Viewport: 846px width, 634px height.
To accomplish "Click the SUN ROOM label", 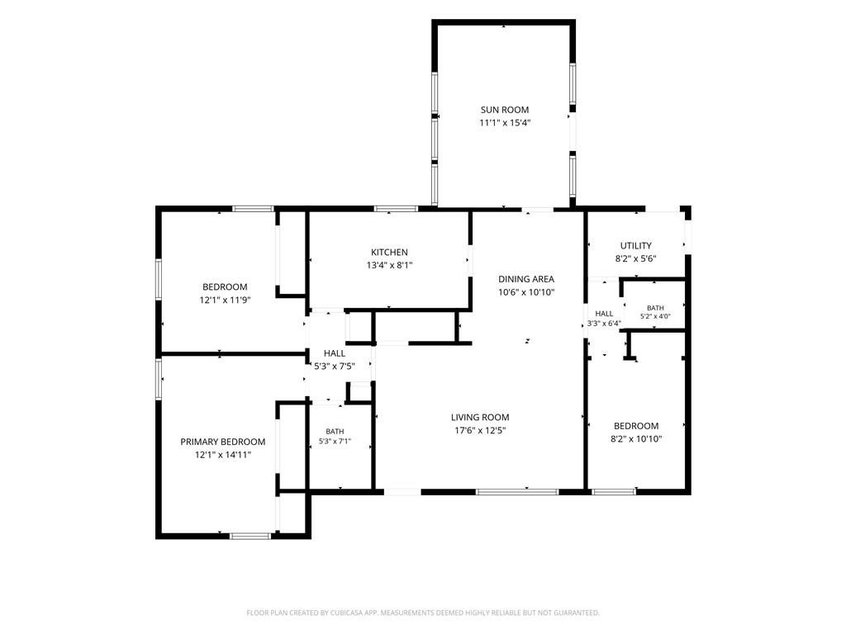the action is tap(505, 110).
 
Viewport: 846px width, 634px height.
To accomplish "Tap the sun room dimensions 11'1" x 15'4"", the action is tap(505, 123).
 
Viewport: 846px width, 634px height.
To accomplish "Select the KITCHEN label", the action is tap(390, 253).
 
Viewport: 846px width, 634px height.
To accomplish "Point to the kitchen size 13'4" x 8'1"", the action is tap(390, 265).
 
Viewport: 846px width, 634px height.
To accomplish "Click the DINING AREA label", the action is tap(526, 279).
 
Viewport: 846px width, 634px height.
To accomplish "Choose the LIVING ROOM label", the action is tap(480, 417).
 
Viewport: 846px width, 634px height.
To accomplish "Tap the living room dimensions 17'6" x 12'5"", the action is tap(480, 430).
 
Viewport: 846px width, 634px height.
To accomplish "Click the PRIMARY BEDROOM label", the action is tap(223, 442).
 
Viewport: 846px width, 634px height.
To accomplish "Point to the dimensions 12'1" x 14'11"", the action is tap(223, 455).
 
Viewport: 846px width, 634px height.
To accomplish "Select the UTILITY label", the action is tap(636, 246).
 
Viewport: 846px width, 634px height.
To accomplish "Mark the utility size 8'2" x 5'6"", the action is tap(636, 258).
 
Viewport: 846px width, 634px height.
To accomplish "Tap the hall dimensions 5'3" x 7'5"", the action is tap(335, 367).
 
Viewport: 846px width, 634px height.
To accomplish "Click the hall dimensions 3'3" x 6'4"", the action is tap(604, 324).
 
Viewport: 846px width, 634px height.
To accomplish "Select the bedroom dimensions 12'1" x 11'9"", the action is tap(226, 300).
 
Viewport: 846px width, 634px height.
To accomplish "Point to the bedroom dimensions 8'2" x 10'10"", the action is tap(636, 439).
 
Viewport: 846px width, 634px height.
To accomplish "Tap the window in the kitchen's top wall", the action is tap(396, 209).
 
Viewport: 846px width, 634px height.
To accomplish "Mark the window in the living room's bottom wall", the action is tap(517, 492).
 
